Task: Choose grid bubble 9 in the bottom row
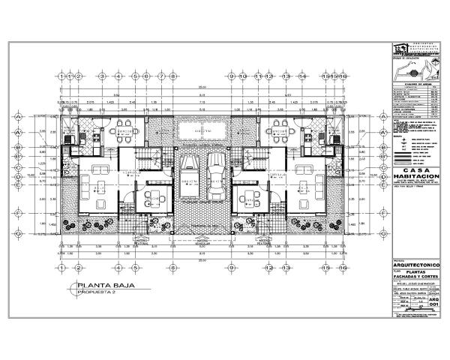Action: (232, 266)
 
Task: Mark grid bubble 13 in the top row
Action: (286, 76)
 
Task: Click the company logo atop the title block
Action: (401, 49)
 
